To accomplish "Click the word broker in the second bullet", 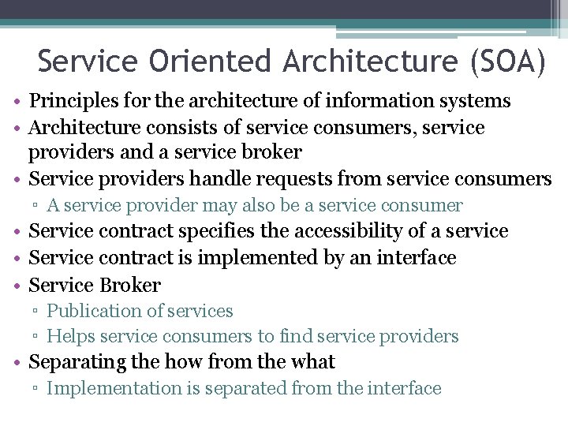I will coord(271,152).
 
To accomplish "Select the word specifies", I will coord(217,231).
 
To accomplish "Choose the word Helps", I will coord(69,336).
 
